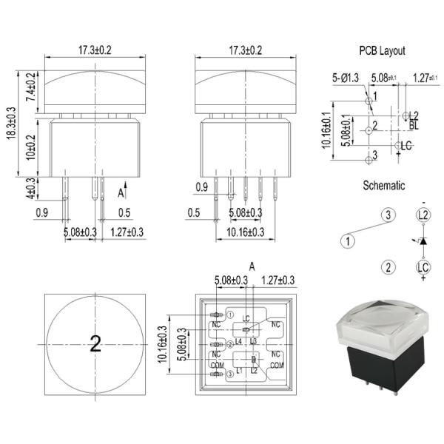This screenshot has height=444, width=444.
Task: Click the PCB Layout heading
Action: click(382, 51)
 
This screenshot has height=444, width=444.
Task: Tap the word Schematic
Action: click(383, 186)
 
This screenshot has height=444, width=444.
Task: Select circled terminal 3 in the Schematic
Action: click(386, 215)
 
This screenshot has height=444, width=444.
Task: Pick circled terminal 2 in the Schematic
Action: click(386, 267)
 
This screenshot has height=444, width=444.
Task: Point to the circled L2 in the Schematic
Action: click(423, 215)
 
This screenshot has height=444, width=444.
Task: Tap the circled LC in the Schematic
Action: click(423, 267)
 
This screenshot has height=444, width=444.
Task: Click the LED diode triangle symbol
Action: click(423, 242)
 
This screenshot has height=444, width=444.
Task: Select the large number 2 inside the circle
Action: click(95, 343)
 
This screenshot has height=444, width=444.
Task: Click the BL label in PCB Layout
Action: click(413, 127)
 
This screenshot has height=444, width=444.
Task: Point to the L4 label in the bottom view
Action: click(238, 341)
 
